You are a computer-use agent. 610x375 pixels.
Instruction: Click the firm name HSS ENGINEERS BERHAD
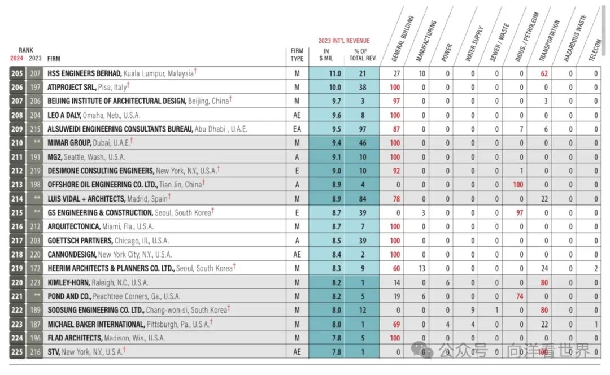click(x=84, y=73)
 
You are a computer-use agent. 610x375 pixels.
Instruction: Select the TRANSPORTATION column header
click(x=548, y=41)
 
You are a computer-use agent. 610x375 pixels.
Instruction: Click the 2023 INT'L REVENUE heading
click(x=343, y=41)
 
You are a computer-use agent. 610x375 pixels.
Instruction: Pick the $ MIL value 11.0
click(x=335, y=73)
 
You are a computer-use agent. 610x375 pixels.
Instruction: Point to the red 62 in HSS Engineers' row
click(x=544, y=73)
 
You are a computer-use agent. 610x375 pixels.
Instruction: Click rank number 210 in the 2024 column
click(x=16, y=143)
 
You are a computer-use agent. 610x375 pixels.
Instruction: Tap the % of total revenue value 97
click(x=363, y=129)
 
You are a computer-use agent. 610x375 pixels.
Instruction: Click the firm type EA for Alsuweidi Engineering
click(x=297, y=129)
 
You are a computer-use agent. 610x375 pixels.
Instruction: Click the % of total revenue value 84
click(x=363, y=199)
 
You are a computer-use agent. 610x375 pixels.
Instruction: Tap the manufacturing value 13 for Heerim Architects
click(x=422, y=268)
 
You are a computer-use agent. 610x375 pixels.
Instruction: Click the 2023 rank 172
click(x=35, y=268)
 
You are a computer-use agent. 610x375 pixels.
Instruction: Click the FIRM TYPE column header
click(x=297, y=55)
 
